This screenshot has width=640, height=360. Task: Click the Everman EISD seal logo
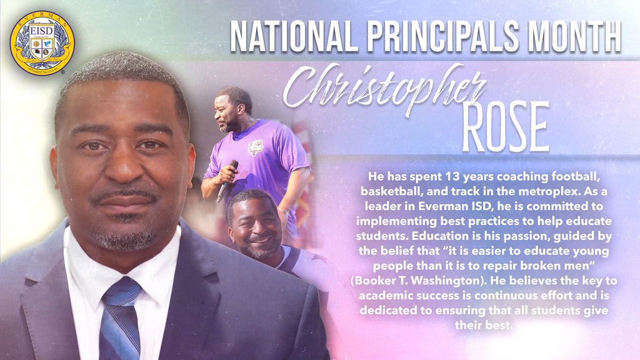point(42,43)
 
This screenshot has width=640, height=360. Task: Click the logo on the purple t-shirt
point(255,148)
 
